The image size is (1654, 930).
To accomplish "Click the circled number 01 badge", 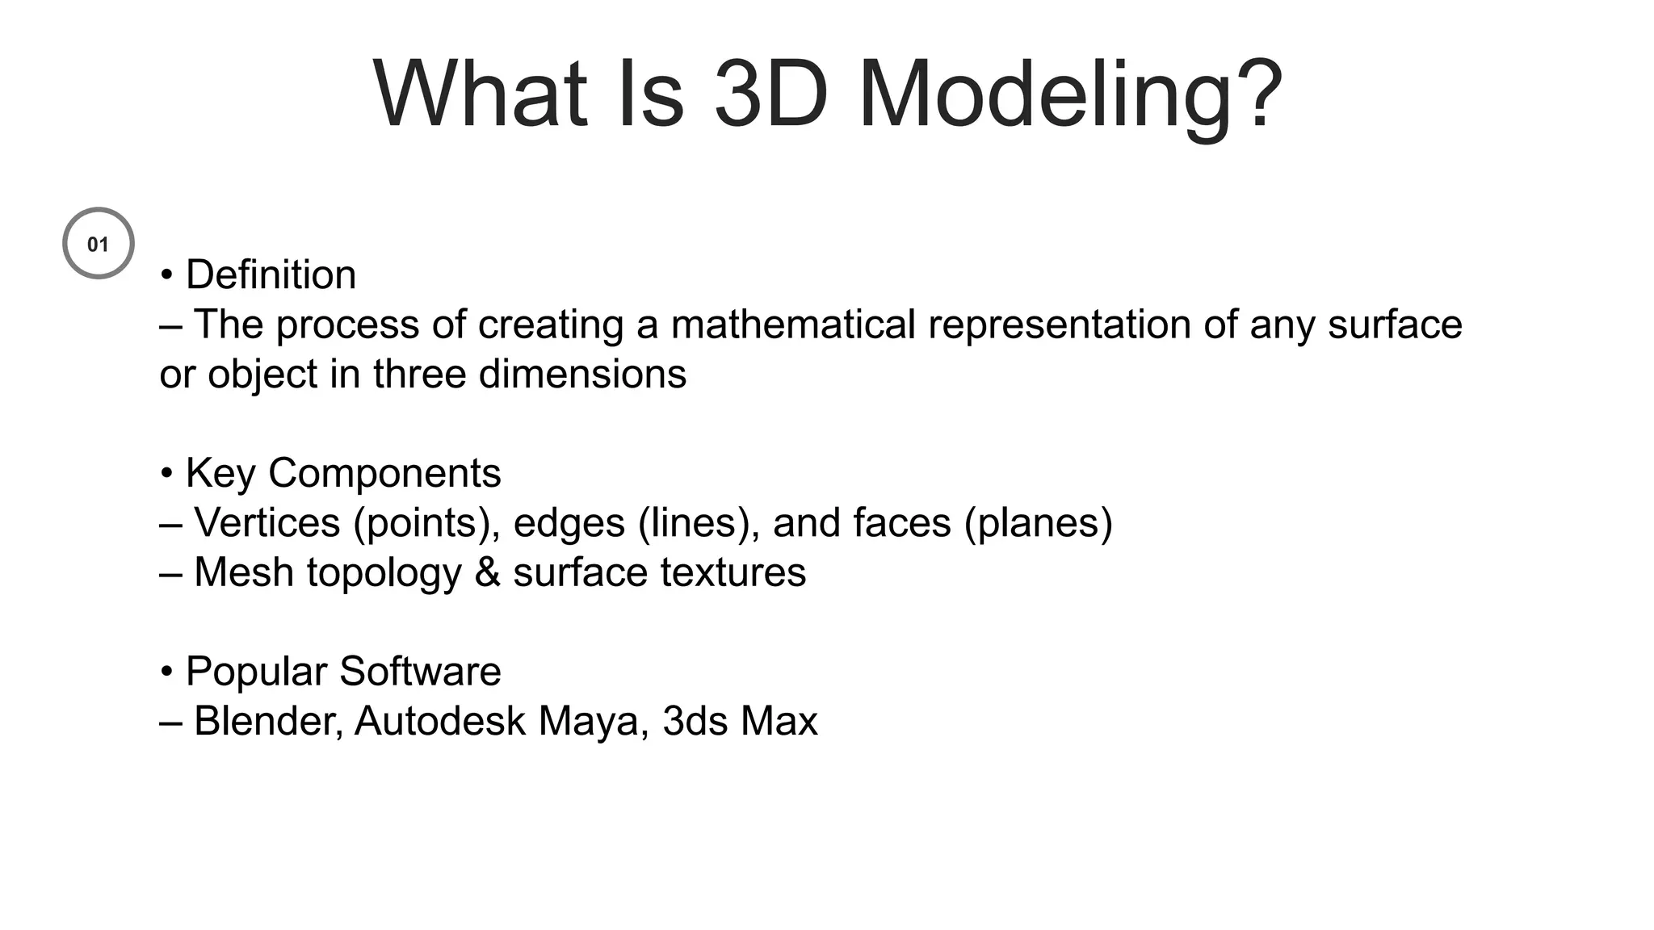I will pyautogui.click(x=99, y=243).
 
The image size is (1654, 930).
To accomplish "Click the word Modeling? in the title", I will pyautogui.click(x=1069, y=95).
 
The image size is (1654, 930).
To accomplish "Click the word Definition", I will pyautogui.click(x=271, y=274).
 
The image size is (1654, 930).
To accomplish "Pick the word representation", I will pyautogui.click(x=1059, y=325).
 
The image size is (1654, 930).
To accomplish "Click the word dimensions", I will pyautogui.click(x=582, y=374).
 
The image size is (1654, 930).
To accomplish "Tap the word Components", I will pyautogui.click(x=384, y=473).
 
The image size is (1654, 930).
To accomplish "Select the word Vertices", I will pyautogui.click(x=267, y=522).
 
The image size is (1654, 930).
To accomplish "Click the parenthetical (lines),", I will pyautogui.click(x=699, y=522).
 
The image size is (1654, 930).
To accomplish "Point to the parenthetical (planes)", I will pyautogui.click(x=1039, y=522).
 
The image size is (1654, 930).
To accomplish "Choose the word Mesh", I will pyautogui.click(x=244, y=572).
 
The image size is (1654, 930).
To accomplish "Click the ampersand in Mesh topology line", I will pyautogui.click(x=488, y=572).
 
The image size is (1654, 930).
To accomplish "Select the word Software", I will pyautogui.click(x=420, y=671).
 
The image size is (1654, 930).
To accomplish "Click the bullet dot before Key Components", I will pyautogui.click(x=166, y=473).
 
